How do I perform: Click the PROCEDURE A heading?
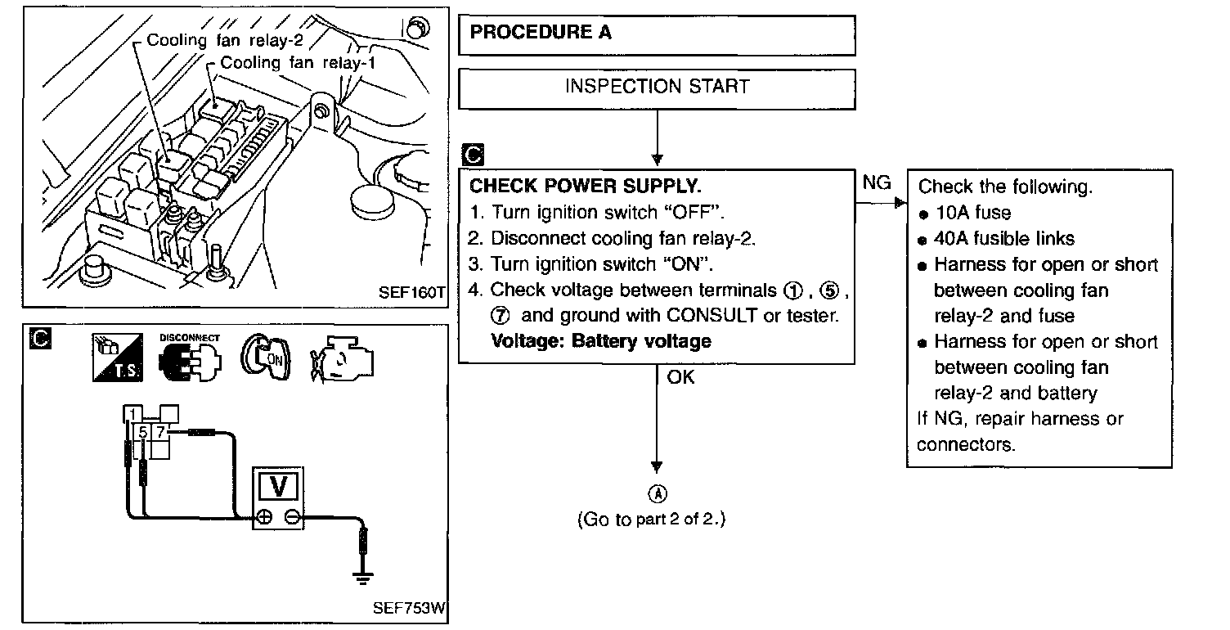pos(541,33)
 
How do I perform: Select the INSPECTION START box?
pos(657,87)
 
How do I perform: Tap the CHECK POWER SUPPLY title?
pos(585,186)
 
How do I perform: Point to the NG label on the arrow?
pos(877,183)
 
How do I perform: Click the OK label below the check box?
pos(680,377)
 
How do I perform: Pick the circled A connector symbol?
pos(658,493)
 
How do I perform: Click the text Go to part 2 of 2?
pos(651,520)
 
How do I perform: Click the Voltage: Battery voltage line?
pos(600,340)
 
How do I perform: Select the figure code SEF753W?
pos(410,609)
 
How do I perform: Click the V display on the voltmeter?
pos(278,488)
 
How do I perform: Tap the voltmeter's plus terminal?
pos(264,518)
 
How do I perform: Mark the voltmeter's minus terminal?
pos(291,518)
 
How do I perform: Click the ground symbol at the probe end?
pos(362,578)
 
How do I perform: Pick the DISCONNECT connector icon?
pos(190,358)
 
